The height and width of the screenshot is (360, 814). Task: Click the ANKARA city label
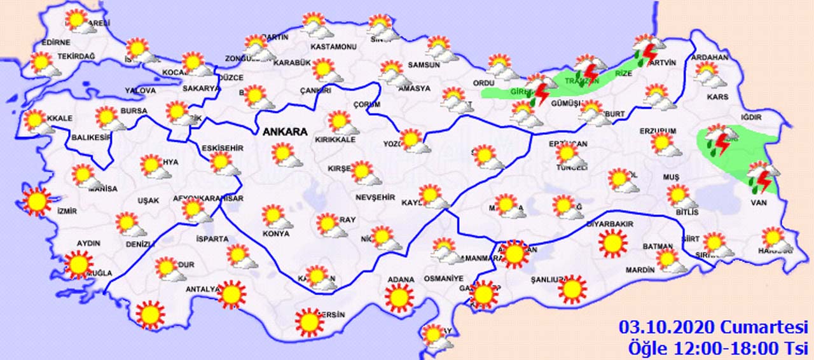(284, 132)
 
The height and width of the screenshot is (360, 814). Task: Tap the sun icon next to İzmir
(36, 202)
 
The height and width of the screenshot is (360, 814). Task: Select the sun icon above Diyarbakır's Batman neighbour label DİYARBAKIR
(612, 244)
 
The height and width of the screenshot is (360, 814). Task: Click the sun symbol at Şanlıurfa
(571, 289)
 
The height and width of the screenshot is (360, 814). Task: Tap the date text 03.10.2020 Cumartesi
(713, 328)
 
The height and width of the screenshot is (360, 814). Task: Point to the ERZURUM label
(657, 131)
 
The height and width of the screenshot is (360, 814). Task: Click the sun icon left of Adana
(399, 296)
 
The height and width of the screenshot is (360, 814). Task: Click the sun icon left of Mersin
(310, 322)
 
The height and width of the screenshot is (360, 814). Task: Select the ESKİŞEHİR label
(223, 148)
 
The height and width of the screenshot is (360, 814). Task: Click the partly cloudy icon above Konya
(275, 216)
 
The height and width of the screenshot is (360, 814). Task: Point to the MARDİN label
(640, 270)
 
